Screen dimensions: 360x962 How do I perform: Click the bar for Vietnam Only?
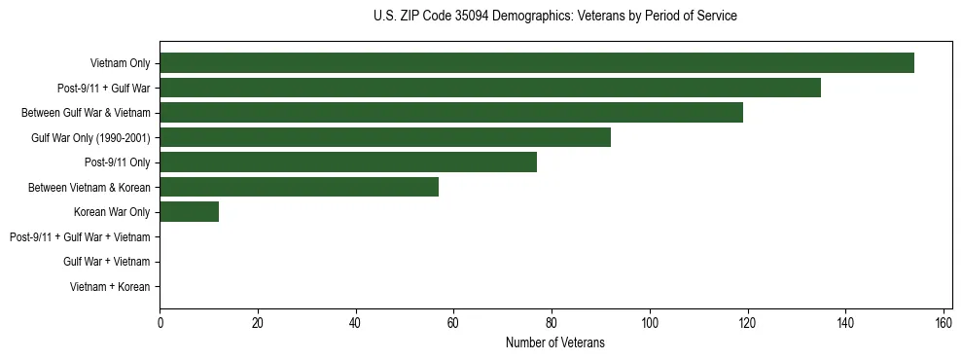(537, 63)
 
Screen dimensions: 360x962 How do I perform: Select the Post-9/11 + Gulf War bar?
(490, 88)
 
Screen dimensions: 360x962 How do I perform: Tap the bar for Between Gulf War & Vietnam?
(451, 113)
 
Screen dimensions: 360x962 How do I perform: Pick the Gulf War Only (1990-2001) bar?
(385, 137)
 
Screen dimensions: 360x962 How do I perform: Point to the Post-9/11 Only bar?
(348, 162)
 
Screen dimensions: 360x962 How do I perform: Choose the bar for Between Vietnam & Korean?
(300, 187)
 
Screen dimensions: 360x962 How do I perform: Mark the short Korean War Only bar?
(189, 212)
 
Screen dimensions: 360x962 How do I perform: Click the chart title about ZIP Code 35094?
(554, 17)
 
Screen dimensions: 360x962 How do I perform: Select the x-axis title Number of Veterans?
(554, 342)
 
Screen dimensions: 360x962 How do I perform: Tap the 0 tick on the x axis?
(160, 322)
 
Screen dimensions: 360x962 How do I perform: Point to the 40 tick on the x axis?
(356, 322)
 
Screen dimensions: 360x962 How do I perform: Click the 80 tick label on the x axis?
(552, 322)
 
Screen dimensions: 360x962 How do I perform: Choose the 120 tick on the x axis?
(748, 322)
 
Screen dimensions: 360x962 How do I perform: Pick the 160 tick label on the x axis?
(944, 322)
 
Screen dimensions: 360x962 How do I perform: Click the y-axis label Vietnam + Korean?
(110, 287)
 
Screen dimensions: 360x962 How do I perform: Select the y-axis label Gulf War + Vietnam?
(106, 262)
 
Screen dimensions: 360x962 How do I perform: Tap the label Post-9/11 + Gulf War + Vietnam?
(80, 237)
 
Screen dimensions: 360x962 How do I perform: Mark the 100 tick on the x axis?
(650, 322)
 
